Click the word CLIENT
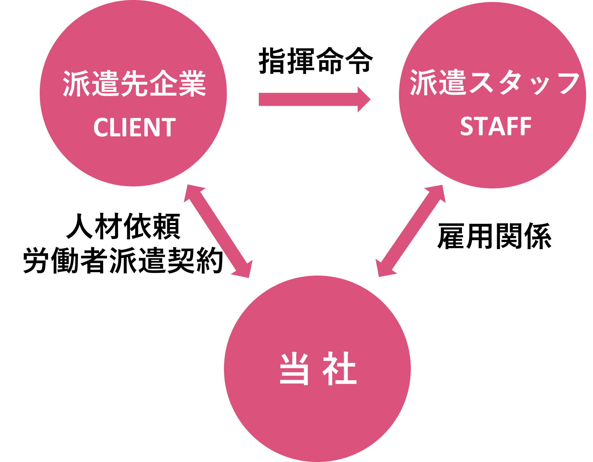134,127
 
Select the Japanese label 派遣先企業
134,83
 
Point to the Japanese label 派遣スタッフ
495,83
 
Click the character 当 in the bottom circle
294,369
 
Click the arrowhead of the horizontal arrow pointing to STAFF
363,99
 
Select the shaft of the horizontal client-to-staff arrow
308,99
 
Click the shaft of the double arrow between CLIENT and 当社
218,232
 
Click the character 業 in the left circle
192,83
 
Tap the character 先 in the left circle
134,83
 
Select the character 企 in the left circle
163,83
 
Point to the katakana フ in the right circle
566,83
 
